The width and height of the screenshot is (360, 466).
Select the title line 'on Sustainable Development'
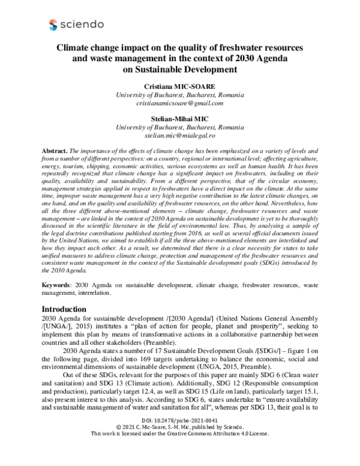click(180, 69)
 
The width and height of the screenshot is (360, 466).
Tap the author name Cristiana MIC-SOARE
click(180, 86)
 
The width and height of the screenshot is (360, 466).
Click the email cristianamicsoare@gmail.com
click(180, 103)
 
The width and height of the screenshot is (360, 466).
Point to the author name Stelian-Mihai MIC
click(180, 120)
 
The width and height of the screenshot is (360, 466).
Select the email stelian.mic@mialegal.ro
click(180, 136)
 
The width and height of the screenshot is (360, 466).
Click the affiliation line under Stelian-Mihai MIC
click(180, 128)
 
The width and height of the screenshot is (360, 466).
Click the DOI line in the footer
click(180, 438)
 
